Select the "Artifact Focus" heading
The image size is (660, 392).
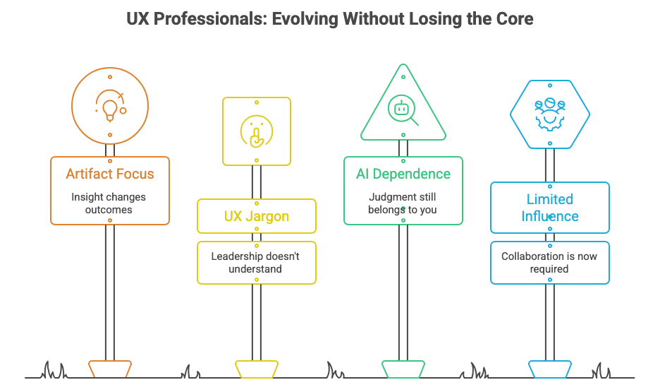109,174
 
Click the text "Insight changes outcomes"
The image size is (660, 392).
109,203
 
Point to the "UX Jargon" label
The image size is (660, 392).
257,216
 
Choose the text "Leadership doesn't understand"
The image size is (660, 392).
257,262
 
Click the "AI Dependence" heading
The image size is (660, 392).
403,174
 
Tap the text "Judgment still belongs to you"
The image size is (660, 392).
403,203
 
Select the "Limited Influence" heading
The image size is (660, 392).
549,207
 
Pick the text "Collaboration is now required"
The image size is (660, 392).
549,262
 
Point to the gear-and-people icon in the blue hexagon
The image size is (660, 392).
549,114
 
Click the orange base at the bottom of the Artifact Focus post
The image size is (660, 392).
110,369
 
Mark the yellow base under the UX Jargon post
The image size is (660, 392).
257,369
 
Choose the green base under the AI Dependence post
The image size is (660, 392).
403,369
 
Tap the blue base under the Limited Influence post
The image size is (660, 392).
549,369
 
